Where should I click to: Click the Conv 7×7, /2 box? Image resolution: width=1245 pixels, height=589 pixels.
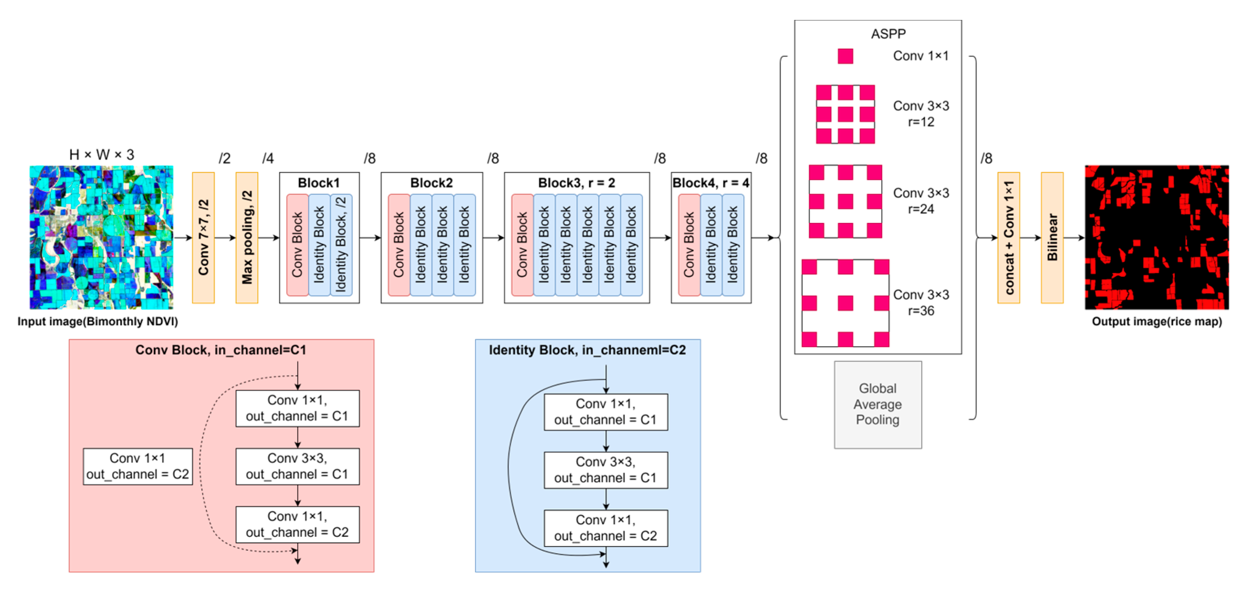(x=203, y=237)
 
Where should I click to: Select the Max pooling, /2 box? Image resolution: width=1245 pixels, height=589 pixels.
(x=246, y=237)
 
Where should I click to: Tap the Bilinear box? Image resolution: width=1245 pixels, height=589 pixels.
(x=1052, y=237)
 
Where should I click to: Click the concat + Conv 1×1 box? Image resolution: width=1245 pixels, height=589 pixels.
(x=1008, y=237)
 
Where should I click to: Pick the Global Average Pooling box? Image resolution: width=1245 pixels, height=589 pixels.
(x=877, y=404)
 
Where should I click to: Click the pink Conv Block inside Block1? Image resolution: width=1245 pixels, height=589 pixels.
(x=297, y=244)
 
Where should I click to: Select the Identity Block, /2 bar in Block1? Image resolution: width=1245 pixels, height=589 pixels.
(x=341, y=244)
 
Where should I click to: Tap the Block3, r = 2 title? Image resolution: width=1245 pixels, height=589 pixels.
(x=576, y=183)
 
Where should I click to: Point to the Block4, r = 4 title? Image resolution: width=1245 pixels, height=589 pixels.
(x=710, y=183)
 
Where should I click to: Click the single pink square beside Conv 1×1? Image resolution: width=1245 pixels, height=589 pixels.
(x=845, y=56)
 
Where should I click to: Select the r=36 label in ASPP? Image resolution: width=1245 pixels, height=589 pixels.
(x=920, y=311)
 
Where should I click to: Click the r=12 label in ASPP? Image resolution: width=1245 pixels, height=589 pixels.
(x=920, y=122)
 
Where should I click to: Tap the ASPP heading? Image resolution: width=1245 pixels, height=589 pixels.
(x=888, y=34)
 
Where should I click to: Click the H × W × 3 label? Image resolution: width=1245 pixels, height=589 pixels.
(x=101, y=155)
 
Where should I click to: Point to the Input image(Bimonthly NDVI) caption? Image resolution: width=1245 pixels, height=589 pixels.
(x=97, y=321)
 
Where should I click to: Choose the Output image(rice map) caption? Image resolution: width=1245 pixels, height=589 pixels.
(x=1156, y=321)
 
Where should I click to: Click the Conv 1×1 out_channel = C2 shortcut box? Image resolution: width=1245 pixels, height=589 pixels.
(x=138, y=466)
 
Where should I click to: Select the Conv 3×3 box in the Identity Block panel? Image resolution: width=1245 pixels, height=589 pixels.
(x=606, y=470)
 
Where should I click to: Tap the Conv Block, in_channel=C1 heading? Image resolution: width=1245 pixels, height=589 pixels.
(x=221, y=350)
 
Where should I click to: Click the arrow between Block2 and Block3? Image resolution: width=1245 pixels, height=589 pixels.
(x=493, y=237)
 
